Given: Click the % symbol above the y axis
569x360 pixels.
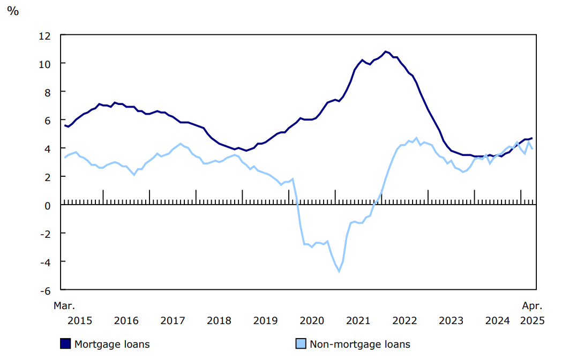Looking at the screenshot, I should (x=12, y=11).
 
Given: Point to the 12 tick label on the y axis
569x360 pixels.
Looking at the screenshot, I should (x=44, y=35).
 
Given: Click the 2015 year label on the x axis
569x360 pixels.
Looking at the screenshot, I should (x=80, y=320).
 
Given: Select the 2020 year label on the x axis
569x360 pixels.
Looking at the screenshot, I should (x=312, y=320).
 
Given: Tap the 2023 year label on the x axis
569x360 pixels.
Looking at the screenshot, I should (x=451, y=320).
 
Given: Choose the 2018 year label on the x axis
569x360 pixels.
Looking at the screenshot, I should (x=219, y=320).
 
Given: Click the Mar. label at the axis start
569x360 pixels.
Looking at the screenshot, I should (x=64, y=306).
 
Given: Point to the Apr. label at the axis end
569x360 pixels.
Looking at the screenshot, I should (x=533, y=306).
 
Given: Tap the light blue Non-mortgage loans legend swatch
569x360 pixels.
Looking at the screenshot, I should (x=301, y=344).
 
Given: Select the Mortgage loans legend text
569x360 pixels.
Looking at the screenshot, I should (x=112, y=344).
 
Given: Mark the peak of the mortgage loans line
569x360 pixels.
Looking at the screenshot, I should (x=385, y=51).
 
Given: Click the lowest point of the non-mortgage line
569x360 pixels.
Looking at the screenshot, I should (x=339, y=271).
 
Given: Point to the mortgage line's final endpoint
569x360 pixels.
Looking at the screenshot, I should (x=532, y=138).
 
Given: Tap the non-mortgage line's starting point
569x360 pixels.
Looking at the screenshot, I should (x=64, y=157).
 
